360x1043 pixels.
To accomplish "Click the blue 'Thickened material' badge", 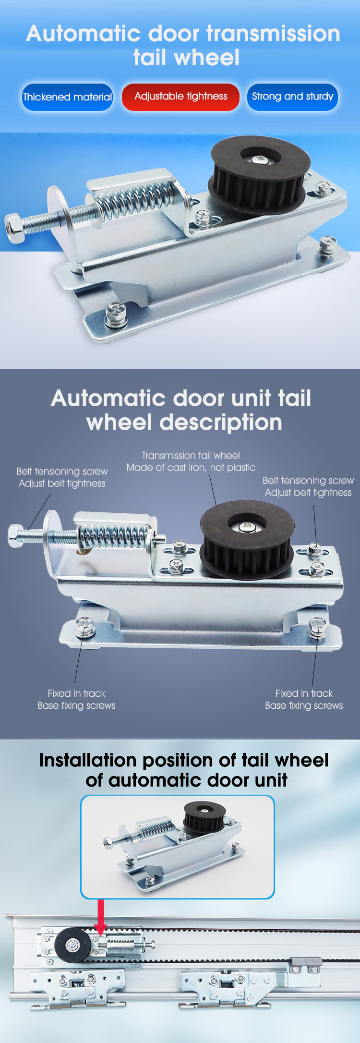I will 67,97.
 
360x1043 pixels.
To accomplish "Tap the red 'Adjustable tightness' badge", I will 180,97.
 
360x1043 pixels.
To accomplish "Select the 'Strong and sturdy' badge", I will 292,97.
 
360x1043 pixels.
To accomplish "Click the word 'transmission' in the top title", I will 273,34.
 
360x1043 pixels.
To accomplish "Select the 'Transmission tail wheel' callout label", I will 191,455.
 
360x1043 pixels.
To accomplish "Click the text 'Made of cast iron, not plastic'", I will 191,468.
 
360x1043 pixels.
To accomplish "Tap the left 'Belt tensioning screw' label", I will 62,471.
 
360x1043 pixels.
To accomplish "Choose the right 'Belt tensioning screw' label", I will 308,480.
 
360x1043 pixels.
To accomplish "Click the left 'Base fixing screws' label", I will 76,705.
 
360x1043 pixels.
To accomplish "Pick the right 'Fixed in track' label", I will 304,693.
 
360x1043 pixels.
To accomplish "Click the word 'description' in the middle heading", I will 220,423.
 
